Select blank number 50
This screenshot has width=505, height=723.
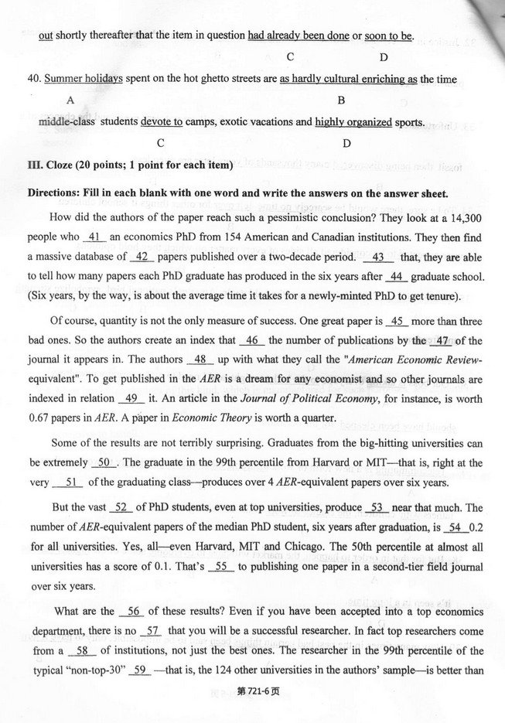[103, 462]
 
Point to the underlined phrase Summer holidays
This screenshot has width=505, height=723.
[84, 80]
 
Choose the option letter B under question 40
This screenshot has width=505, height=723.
[341, 101]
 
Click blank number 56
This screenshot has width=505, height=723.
[133, 611]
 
